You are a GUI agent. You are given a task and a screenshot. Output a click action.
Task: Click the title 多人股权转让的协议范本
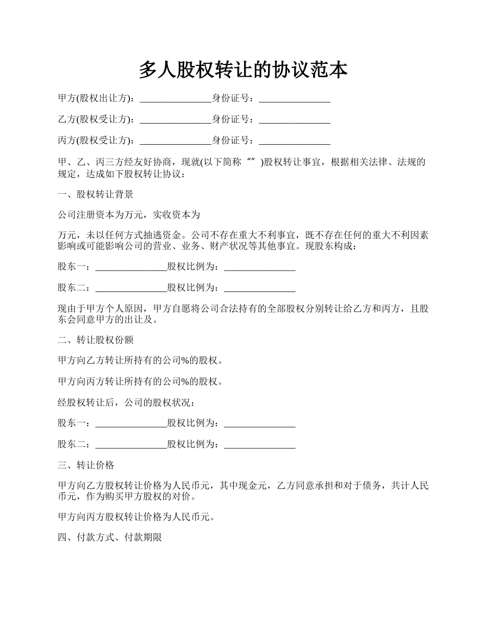[x=243, y=71]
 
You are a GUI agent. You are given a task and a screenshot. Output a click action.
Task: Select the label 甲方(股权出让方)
[x=96, y=98]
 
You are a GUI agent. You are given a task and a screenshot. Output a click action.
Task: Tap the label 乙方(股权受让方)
[x=96, y=119]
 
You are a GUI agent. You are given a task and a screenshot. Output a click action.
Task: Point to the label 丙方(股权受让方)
[x=96, y=140]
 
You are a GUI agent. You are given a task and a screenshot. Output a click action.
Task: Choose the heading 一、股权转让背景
[x=96, y=194]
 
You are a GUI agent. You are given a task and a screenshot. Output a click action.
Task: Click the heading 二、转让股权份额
[x=96, y=340]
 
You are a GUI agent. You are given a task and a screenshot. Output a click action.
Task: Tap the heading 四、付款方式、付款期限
[x=110, y=537]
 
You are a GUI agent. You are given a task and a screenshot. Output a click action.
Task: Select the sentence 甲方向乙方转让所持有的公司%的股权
[x=141, y=361]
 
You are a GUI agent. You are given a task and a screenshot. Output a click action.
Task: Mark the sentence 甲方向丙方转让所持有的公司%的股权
[x=141, y=381]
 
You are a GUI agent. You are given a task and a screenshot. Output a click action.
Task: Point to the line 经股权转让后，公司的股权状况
[x=126, y=402]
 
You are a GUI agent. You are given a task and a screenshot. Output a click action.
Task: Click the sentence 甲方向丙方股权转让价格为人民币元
[x=136, y=517]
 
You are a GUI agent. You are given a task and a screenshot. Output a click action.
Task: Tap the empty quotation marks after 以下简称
[x=251, y=162]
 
